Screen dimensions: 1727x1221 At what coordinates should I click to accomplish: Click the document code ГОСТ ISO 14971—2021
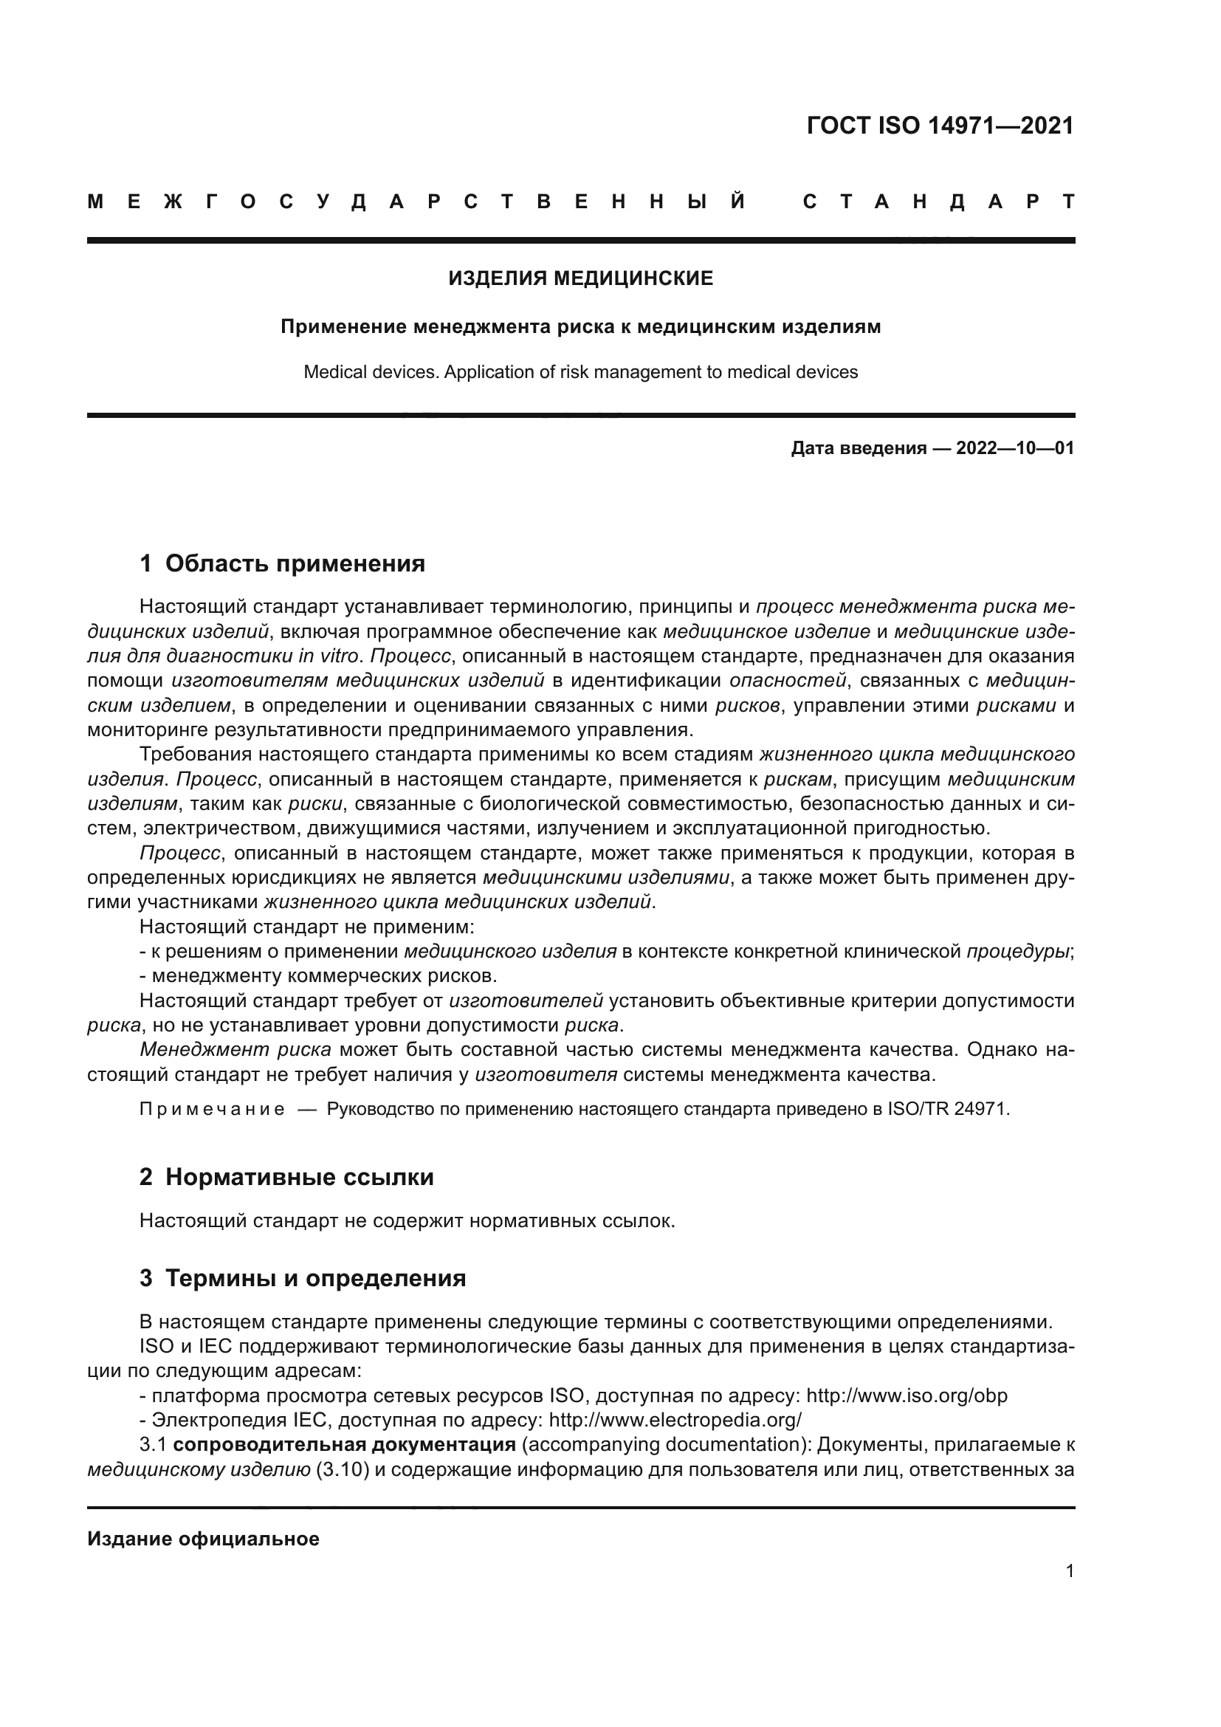[x=940, y=126]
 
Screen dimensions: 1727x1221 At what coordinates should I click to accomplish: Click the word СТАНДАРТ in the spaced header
[x=938, y=202]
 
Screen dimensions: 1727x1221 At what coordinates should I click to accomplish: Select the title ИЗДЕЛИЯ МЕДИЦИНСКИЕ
[x=580, y=279]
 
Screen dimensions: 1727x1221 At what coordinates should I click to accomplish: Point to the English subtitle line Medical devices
[x=580, y=372]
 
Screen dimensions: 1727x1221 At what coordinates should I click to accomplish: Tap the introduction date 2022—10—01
[x=1014, y=449]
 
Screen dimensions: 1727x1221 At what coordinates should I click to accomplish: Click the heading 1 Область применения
[x=282, y=563]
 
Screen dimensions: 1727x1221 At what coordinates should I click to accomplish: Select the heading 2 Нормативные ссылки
[x=286, y=1177]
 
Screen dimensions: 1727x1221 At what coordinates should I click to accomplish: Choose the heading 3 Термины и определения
[x=302, y=1278]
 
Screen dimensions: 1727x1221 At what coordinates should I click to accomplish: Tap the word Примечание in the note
[x=212, y=1110]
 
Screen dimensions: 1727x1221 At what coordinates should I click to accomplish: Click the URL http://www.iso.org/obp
[x=907, y=1395]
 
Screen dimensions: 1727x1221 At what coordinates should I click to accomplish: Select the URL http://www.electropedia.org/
[x=675, y=1420]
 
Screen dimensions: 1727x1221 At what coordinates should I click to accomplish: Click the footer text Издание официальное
[x=203, y=1539]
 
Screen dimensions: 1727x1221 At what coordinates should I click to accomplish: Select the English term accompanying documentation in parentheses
[x=664, y=1445]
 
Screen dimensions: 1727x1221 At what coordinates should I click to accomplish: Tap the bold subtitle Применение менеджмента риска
[x=580, y=327]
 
